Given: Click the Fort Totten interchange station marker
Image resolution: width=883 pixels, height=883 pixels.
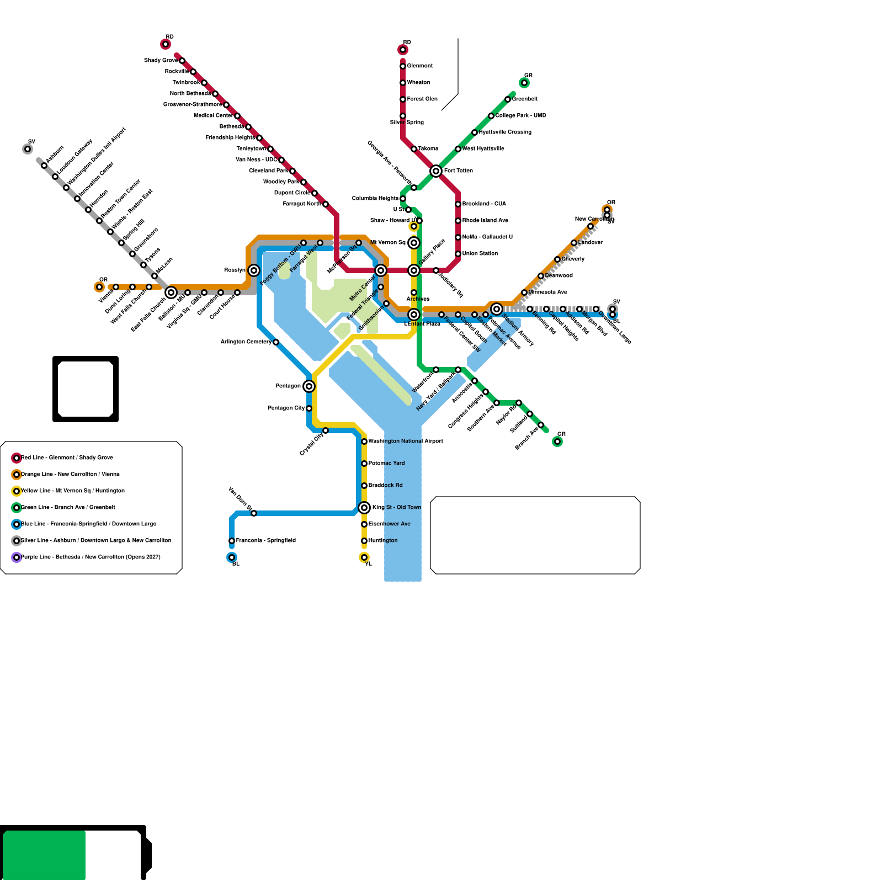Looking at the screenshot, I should (x=436, y=171).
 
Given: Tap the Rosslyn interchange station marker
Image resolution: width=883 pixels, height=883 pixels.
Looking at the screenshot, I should (x=254, y=270).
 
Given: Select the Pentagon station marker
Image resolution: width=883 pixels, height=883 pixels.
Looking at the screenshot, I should (x=309, y=386).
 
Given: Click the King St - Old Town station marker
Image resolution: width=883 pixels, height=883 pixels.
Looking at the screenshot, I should (x=364, y=508).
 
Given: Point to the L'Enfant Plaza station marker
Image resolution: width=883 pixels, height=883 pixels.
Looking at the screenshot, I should (x=414, y=315).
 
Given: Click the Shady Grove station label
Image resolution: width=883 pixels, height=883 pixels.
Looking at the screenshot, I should (x=161, y=60).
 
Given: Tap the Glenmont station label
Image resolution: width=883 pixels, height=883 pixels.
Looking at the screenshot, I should (x=420, y=66).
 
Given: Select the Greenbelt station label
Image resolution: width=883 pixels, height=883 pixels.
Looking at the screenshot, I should (x=525, y=99).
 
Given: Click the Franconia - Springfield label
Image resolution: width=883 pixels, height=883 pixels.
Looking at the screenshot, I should (x=266, y=541).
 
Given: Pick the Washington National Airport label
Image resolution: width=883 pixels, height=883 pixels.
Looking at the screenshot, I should (x=406, y=441).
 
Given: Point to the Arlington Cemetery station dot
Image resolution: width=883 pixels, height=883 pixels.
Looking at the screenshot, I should (x=276, y=342).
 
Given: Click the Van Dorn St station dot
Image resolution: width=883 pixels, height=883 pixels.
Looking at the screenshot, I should (x=254, y=513).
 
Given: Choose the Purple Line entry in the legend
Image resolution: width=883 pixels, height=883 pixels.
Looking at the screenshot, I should (x=91, y=557).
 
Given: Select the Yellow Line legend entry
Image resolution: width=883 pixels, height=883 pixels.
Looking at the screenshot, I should (x=73, y=491).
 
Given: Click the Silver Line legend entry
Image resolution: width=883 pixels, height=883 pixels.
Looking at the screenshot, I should (x=96, y=541).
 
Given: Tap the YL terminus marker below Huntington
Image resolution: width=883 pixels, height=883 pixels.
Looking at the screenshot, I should (x=364, y=557).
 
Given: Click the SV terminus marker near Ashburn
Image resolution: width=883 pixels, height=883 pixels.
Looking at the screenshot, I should (x=28, y=149).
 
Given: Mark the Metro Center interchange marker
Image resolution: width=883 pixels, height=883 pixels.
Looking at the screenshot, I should (x=381, y=270).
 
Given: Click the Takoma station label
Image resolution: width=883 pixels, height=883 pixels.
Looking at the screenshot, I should (x=428, y=149).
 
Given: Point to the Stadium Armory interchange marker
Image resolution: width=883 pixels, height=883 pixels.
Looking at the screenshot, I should (x=497, y=309).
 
